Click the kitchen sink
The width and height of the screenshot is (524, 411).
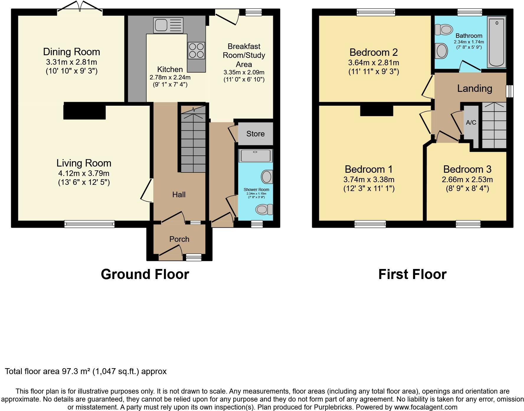coord(168,25)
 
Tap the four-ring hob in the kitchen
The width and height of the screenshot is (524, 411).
coord(196,50)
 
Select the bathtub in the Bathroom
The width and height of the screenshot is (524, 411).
coord(497,42)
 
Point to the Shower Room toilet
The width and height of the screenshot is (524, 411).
coord(264,209)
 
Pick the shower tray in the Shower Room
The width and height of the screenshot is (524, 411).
coord(256,156)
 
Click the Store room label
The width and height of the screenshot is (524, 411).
coord(256,134)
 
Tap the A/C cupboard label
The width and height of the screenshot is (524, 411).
coord(471,122)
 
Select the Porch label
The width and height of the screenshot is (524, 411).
coord(179,239)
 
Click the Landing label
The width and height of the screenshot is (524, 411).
coord(475,88)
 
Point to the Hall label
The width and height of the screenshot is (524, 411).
coord(179,194)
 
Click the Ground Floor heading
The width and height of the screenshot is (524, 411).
coord(145,274)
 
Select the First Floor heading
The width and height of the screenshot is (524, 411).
coord(412,274)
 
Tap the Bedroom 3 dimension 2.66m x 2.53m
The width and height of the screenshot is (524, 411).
coord(467,180)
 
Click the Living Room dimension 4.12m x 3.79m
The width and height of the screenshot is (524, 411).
coord(84,173)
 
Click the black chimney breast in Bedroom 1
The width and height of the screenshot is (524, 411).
coord(377,110)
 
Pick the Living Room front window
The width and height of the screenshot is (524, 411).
coord(89,224)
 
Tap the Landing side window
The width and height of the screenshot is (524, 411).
coord(510,91)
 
